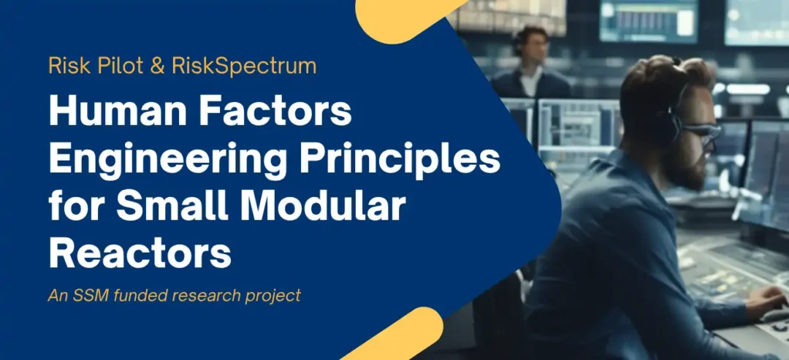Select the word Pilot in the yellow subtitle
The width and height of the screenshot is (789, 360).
[x=121, y=66]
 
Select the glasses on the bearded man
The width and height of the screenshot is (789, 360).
[x=701, y=133]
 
